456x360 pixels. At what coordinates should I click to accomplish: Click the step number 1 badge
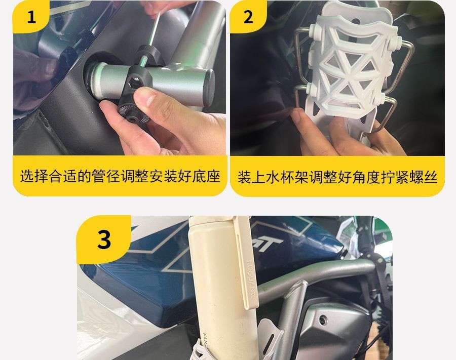tap(31, 17)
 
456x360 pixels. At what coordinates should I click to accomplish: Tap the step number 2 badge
tap(248, 17)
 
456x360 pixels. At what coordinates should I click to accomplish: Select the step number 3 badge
tap(104, 239)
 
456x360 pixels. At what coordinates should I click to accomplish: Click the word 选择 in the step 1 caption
tap(31, 176)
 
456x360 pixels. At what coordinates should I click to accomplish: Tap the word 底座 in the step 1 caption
tap(209, 176)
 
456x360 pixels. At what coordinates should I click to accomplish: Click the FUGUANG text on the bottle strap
tap(250, 278)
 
